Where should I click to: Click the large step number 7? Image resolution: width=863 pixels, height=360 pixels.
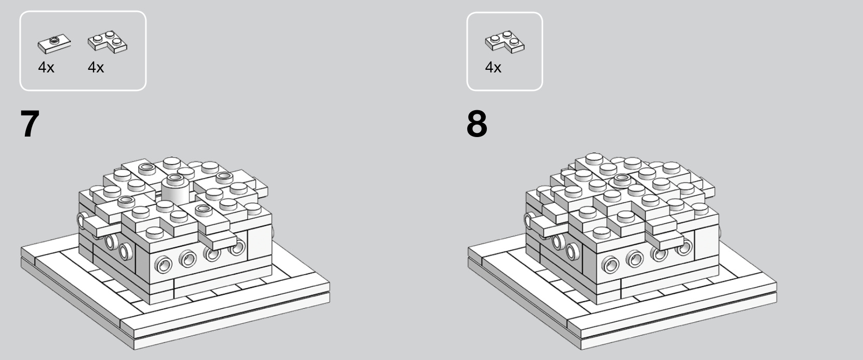[29, 124]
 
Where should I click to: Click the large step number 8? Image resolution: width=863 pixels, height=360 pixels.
[477, 124]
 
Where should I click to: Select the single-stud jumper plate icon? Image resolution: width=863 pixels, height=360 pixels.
[54, 44]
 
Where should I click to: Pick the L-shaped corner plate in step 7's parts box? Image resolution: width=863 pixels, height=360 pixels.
[107, 42]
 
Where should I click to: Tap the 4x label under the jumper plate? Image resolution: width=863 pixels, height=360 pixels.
[46, 68]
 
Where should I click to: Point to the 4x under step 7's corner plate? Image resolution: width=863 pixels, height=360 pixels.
[96, 68]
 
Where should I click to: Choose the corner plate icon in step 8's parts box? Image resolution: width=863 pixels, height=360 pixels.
[504, 42]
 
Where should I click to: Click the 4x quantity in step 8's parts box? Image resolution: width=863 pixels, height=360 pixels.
[493, 68]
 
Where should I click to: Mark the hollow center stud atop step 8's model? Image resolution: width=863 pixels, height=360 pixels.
[622, 179]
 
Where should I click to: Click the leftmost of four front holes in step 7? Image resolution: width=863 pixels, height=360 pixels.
[163, 264]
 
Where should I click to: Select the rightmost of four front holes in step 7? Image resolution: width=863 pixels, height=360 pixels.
[237, 247]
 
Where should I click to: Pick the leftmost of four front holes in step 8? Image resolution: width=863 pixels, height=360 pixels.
[611, 264]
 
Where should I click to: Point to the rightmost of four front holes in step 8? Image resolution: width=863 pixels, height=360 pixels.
[684, 247]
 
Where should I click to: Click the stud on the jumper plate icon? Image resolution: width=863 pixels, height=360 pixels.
[54, 40]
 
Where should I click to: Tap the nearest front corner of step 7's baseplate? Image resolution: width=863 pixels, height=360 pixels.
[134, 349]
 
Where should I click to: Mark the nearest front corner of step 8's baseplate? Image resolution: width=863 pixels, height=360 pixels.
[581, 349]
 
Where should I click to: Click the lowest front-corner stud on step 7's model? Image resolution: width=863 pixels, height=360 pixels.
[155, 233]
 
